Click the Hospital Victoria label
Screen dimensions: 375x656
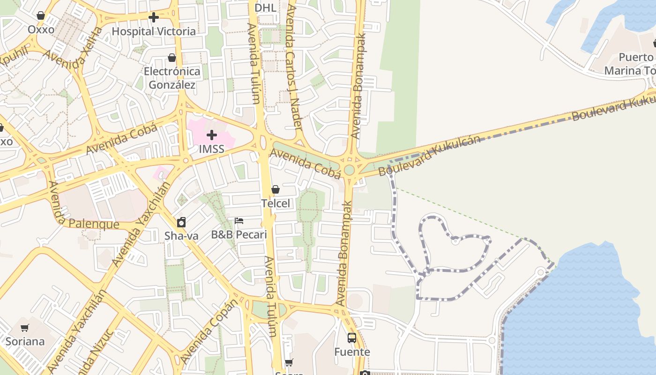(x=154, y=31)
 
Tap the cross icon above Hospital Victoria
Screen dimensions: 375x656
(x=153, y=18)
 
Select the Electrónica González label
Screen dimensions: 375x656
(x=172, y=78)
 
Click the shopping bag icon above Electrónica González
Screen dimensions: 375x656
(x=172, y=58)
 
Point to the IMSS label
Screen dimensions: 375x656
(x=211, y=150)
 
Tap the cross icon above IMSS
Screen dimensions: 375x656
(x=212, y=135)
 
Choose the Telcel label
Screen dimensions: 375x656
(x=276, y=203)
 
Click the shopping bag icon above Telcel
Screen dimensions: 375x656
(x=276, y=189)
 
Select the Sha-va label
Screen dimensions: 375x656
(x=181, y=236)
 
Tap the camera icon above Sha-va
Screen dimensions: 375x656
(x=181, y=222)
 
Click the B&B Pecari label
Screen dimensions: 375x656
(x=239, y=235)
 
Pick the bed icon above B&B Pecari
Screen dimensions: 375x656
(x=239, y=221)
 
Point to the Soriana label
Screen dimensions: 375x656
(x=25, y=341)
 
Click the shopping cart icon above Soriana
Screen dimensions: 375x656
(x=25, y=328)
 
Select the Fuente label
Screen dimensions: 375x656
(x=352, y=352)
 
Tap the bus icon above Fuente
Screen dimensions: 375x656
(x=352, y=337)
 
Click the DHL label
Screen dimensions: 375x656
(x=265, y=7)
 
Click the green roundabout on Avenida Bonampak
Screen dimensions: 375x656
(x=349, y=170)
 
